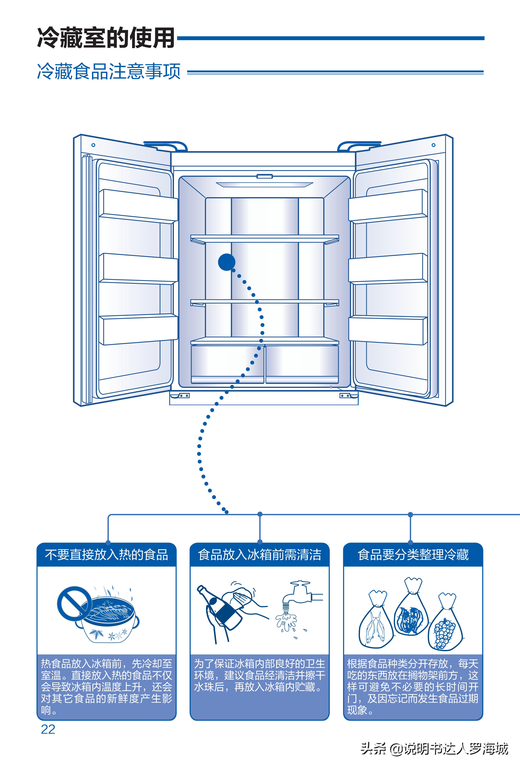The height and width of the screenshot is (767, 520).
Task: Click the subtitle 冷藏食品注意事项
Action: (x=109, y=71)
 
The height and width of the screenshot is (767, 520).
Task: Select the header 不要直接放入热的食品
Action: (x=107, y=555)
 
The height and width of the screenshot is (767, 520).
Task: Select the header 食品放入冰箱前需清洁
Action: (x=259, y=555)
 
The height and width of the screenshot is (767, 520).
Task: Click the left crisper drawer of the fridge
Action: (x=228, y=363)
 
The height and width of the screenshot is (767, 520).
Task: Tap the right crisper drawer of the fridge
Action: (x=302, y=363)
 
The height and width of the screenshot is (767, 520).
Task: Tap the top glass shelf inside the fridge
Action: (x=264, y=238)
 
